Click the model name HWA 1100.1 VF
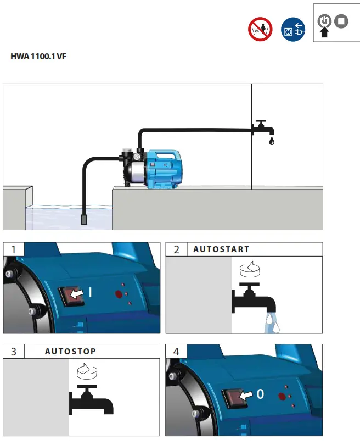[38, 56]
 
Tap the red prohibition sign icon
[261, 29]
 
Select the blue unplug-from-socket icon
[293, 29]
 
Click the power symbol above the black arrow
[324, 21]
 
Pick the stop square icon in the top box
[342, 21]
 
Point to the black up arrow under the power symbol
[324, 32]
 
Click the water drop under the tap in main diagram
[271, 141]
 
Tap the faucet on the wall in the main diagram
[263, 128]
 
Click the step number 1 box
[13, 249]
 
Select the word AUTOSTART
[221, 249]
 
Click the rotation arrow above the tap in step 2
[250, 271]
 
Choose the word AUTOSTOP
[70, 351]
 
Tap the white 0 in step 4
[260, 394]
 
